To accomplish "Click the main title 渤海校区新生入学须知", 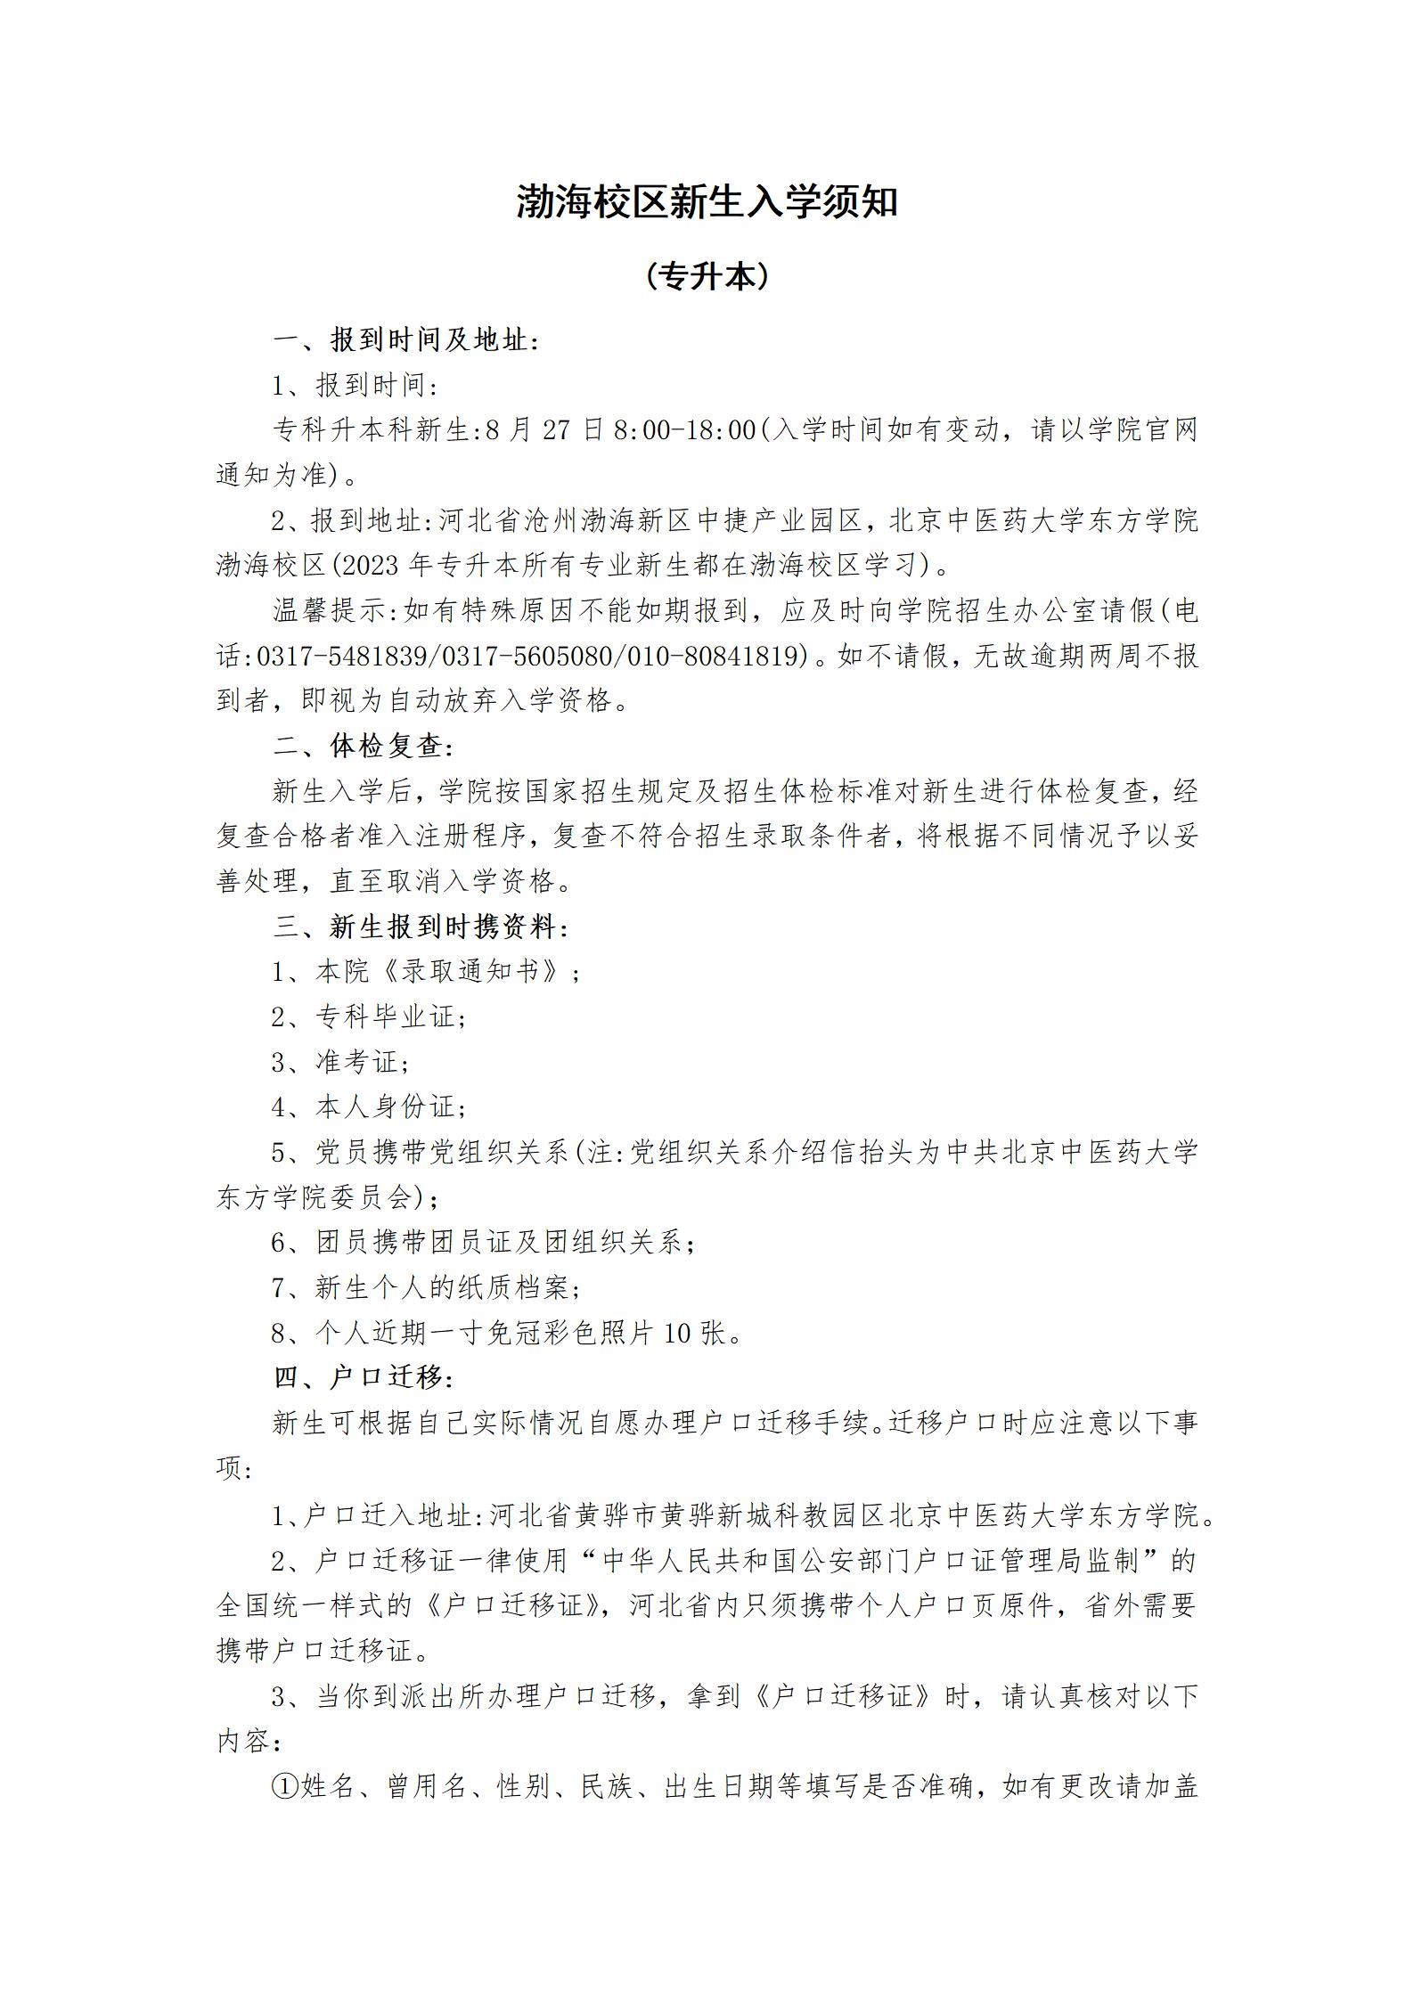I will click(707, 203).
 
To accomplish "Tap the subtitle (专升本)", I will click(707, 277).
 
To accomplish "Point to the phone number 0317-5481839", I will click(343, 657).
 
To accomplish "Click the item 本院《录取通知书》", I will click(445, 972).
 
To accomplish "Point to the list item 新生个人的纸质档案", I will click(441, 1287).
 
